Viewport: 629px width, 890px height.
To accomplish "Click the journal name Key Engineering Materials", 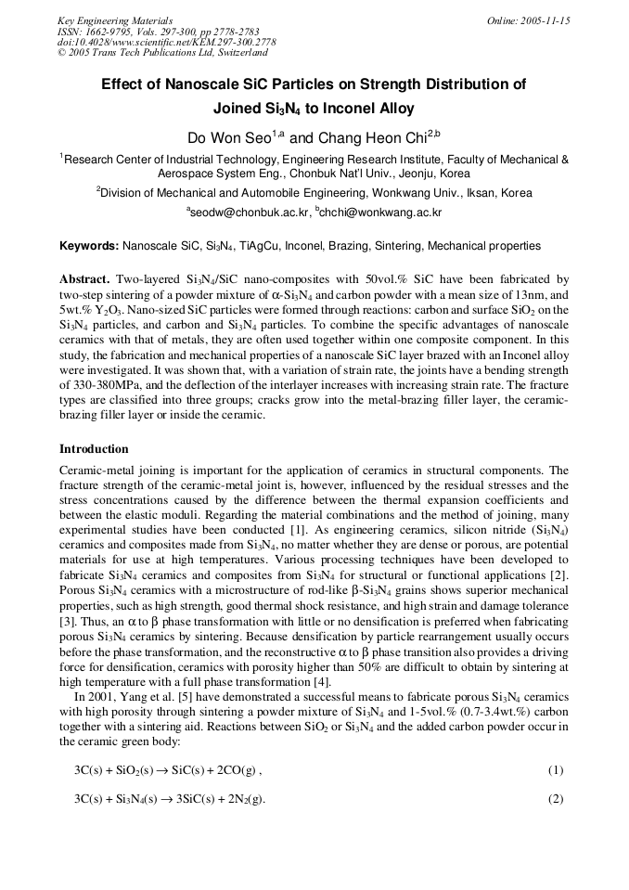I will [115, 20].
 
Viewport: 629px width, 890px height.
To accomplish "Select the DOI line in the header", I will [166, 43].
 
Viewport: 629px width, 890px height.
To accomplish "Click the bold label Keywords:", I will [89, 246].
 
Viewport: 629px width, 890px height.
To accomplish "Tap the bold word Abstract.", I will [84, 279].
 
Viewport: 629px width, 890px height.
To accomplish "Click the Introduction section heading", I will [94, 448].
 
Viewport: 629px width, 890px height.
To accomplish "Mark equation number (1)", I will [556, 770].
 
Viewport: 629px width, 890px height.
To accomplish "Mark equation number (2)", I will [556, 799].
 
